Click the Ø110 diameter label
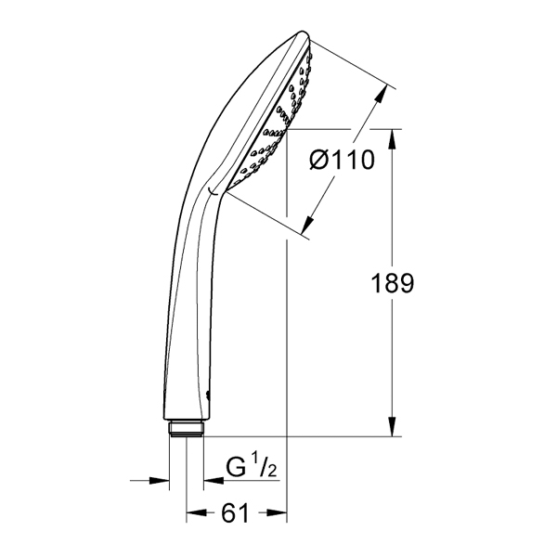(x=342, y=160)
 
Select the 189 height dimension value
(x=392, y=283)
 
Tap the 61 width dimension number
(x=235, y=513)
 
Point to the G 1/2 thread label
(x=252, y=468)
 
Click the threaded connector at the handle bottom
(x=187, y=429)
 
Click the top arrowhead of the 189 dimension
(x=392, y=138)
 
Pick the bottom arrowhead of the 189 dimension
(x=392, y=426)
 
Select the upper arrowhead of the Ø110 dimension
(x=380, y=95)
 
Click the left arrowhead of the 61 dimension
(x=197, y=512)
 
